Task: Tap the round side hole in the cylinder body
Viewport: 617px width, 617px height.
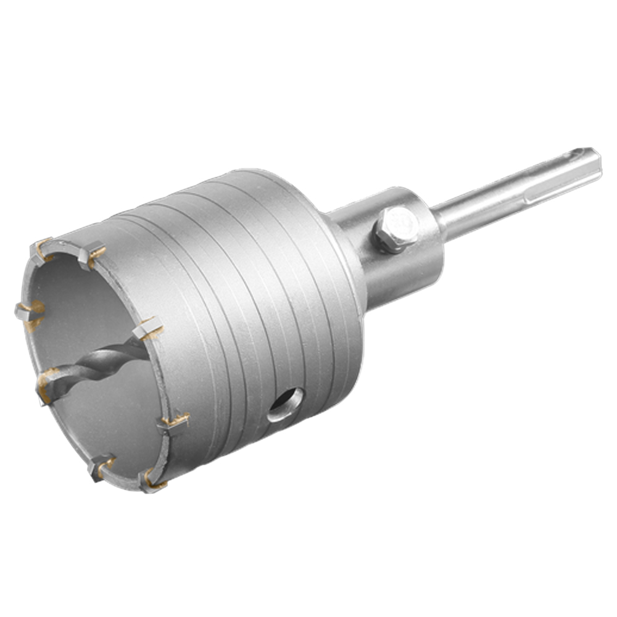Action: coord(286,405)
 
